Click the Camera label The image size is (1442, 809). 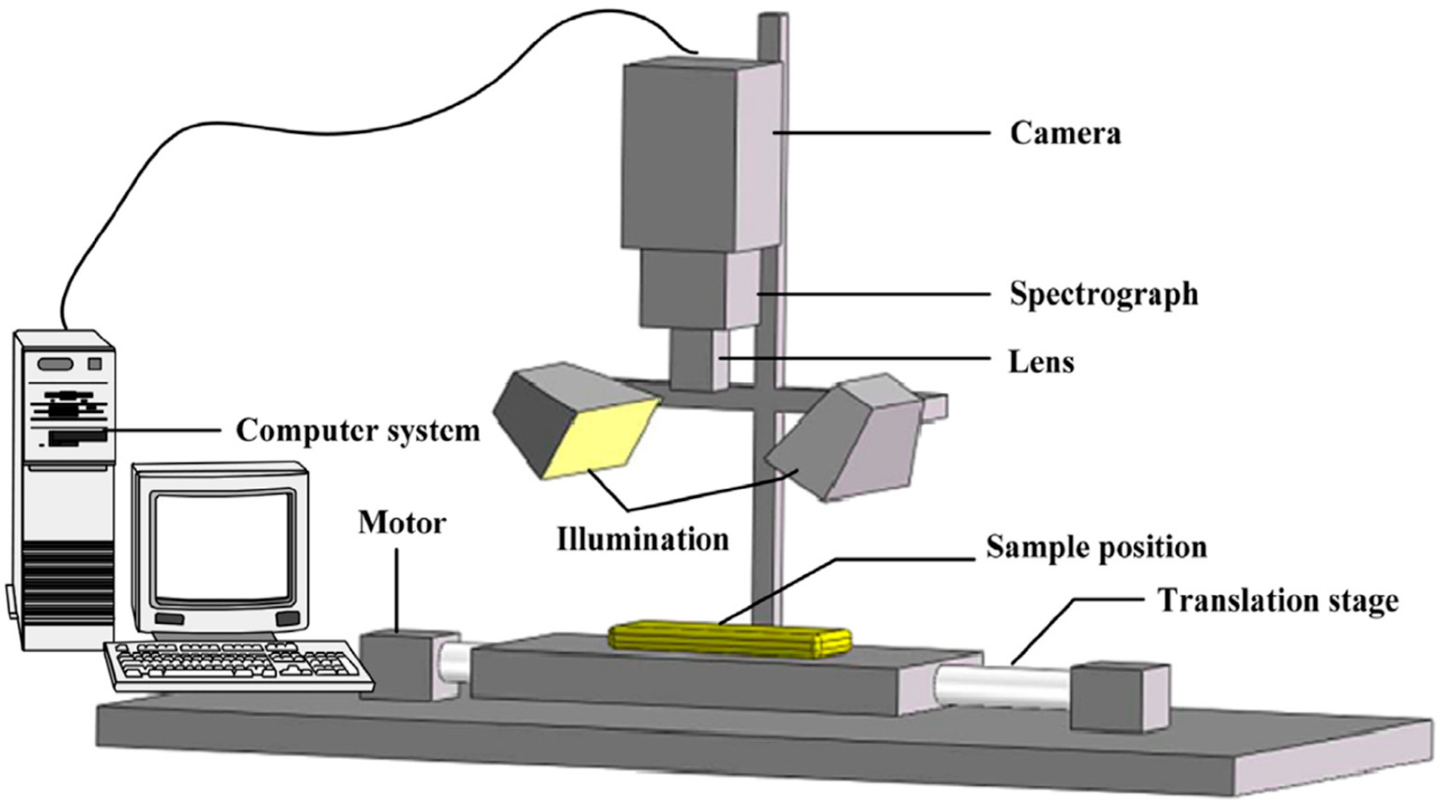click(1065, 134)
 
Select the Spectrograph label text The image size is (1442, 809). click(1103, 294)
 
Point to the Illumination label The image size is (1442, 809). click(642, 539)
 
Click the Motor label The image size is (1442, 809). click(402, 523)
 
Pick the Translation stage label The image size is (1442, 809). click(1277, 600)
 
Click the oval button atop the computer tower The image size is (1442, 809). click(55, 364)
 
